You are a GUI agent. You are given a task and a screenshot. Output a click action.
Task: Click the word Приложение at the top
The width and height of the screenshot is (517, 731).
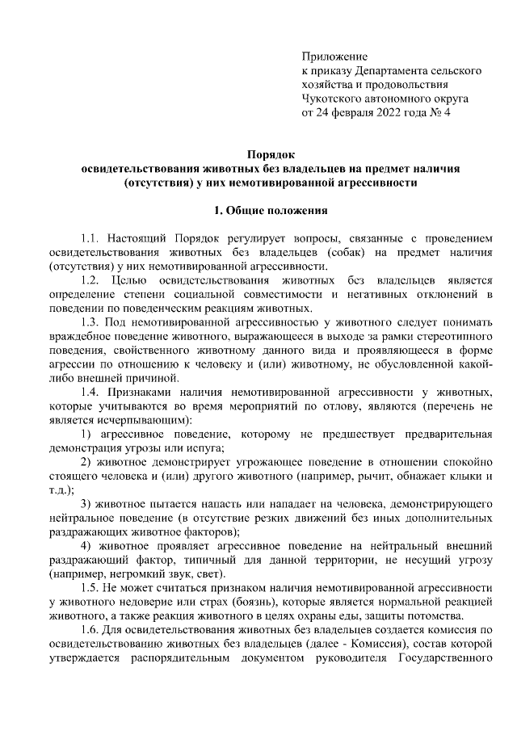tap(334, 57)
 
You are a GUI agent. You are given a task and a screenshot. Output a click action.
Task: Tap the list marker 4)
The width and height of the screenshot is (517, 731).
tap(86, 547)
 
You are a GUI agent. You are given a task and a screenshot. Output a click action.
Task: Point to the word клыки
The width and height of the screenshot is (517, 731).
tap(469, 477)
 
